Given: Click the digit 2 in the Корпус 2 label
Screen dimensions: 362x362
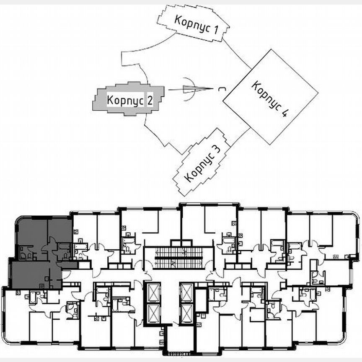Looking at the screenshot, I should pyautogui.click(x=149, y=101).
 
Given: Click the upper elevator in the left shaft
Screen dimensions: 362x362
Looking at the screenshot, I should pyautogui.click(x=151, y=292).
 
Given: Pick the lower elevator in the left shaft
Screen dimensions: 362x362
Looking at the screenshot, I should pyautogui.click(x=151, y=314).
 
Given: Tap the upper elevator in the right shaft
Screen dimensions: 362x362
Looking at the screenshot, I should pyautogui.click(x=186, y=292).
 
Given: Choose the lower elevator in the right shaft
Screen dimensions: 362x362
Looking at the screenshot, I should pyautogui.click(x=186, y=314).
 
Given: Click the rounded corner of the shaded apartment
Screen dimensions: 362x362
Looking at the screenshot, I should pyautogui.click(x=19, y=220).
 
